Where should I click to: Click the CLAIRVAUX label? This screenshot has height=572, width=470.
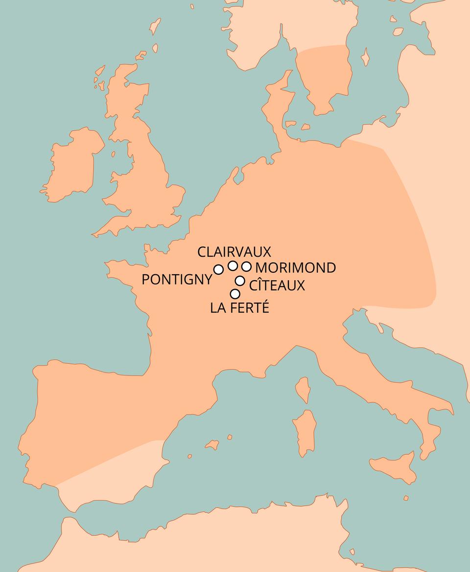(x=234, y=252)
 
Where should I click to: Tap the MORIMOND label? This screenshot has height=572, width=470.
(x=296, y=268)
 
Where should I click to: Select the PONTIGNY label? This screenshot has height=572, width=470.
(x=177, y=279)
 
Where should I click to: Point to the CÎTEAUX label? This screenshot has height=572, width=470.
(x=277, y=285)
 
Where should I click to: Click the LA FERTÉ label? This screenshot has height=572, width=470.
(x=240, y=308)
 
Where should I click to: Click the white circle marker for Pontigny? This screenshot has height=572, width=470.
(x=218, y=269)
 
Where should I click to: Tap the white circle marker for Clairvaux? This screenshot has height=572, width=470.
(x=233, y=265)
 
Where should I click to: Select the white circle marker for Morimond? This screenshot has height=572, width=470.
(x=246, y=266)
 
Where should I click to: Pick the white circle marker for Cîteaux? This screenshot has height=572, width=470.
(x=240, y=281)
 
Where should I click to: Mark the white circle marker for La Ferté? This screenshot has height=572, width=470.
(x=235, y=294)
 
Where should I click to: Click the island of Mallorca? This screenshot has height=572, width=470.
(x=212, y=445)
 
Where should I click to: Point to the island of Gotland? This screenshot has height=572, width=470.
(x=364, y=57)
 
